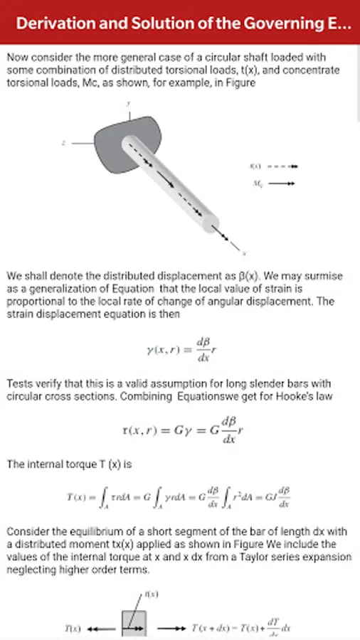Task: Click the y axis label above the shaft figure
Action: coord(128,103)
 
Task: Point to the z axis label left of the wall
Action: coord(64,143)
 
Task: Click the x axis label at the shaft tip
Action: coord(244,253)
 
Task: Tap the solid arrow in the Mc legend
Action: coord(282,183)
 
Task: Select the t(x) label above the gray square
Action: coord(151,594)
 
